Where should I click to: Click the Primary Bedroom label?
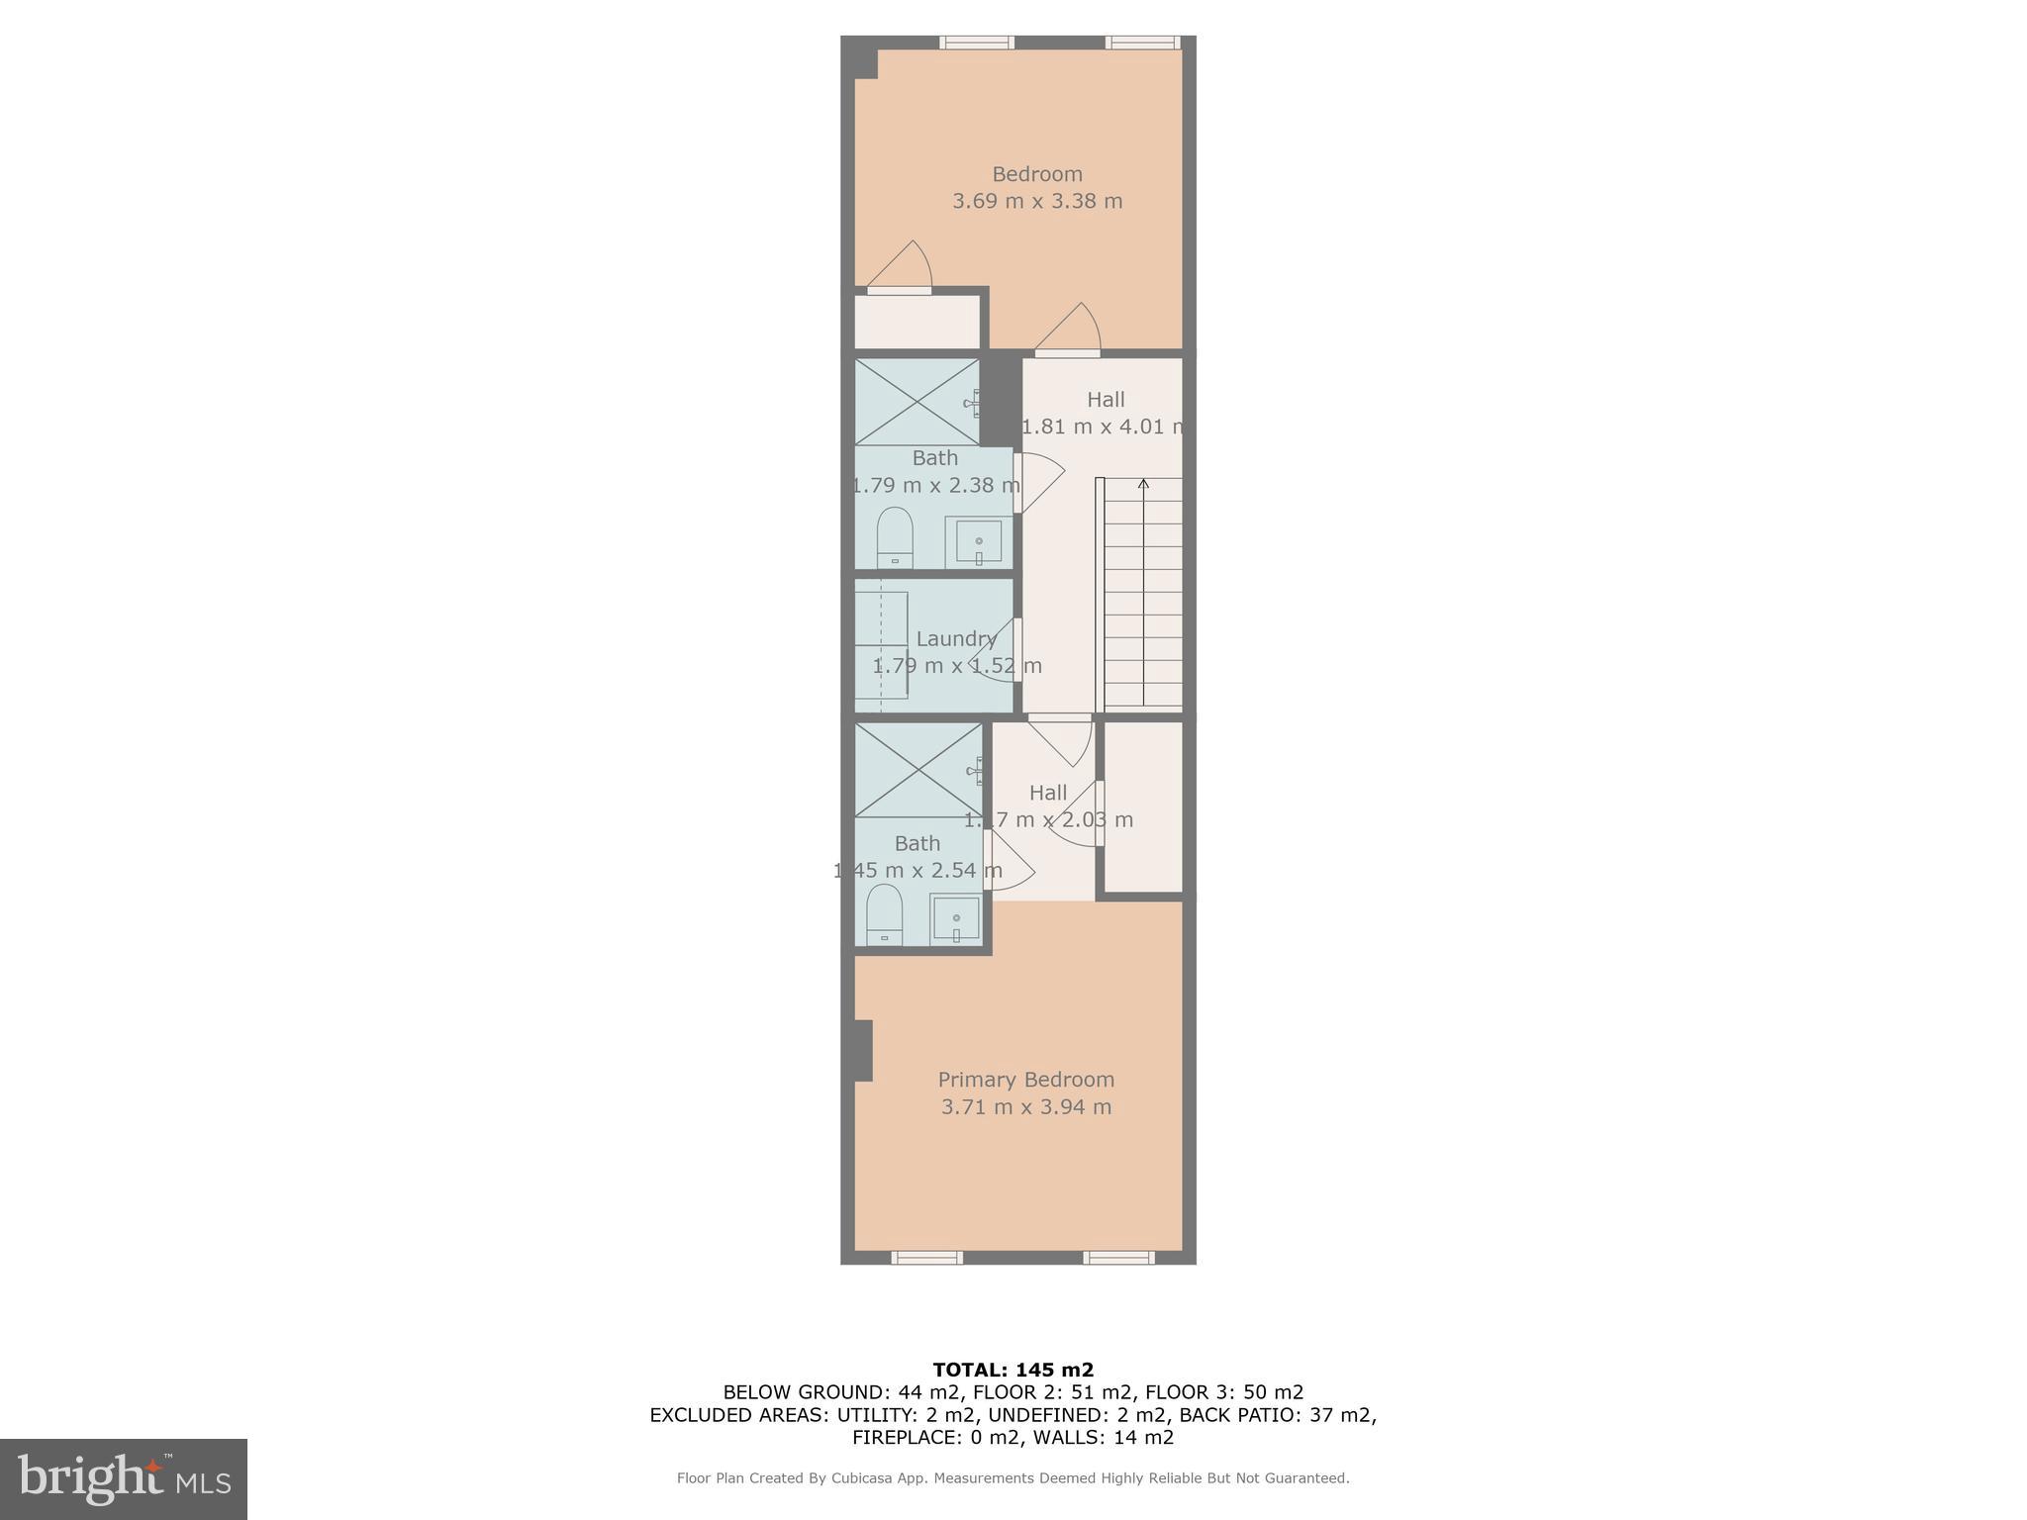coord(1025,1080)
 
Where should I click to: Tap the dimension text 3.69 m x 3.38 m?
coord(1036,201)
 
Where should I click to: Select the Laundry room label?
coord(955,638)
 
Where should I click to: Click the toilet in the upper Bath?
coord(894,537)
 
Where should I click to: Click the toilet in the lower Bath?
coord(884,914)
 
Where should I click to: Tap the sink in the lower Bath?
coord(955,919)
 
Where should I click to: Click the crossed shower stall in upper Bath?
coord(917,402)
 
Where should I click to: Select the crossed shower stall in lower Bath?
coord(917,770)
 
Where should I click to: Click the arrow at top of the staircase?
coord(1143,484)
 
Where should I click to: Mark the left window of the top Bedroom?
coord(976,43)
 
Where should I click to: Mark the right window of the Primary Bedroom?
coord(1117,1258)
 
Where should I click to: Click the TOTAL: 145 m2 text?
coord(1013,1370)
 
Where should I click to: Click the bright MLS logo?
coord(123,1478)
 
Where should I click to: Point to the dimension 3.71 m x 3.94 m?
coord(1025,1107)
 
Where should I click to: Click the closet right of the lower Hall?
coord(1143,807)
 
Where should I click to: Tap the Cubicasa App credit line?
coord(1013,1478)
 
